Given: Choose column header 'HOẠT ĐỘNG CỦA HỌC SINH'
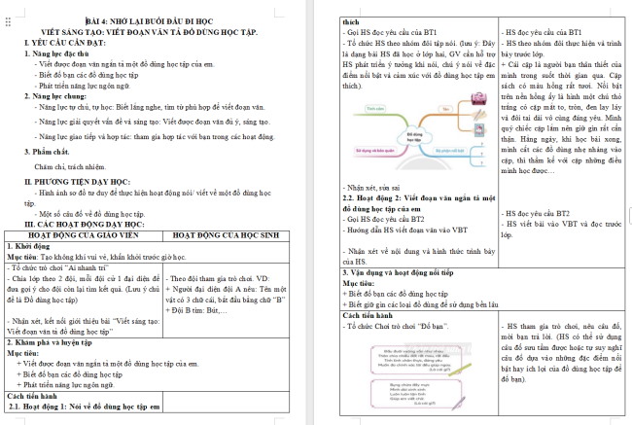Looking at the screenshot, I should pyautogui.click(x=240, y=235).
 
